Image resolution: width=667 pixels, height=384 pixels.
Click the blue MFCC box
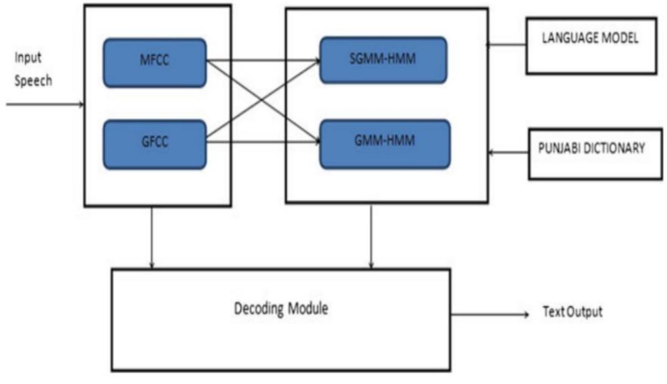(155, 63)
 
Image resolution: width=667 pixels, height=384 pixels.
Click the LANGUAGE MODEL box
(591, 45)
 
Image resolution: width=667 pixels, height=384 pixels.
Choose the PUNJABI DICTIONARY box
(595, 154)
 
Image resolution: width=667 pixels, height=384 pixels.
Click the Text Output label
(573, 313)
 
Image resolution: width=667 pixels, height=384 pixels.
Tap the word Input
(27, 58)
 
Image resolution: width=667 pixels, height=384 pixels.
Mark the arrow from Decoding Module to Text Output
(489, 314)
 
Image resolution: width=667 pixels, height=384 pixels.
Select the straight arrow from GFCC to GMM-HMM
(262, 142)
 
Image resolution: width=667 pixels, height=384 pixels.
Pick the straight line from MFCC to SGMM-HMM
(262, 60)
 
